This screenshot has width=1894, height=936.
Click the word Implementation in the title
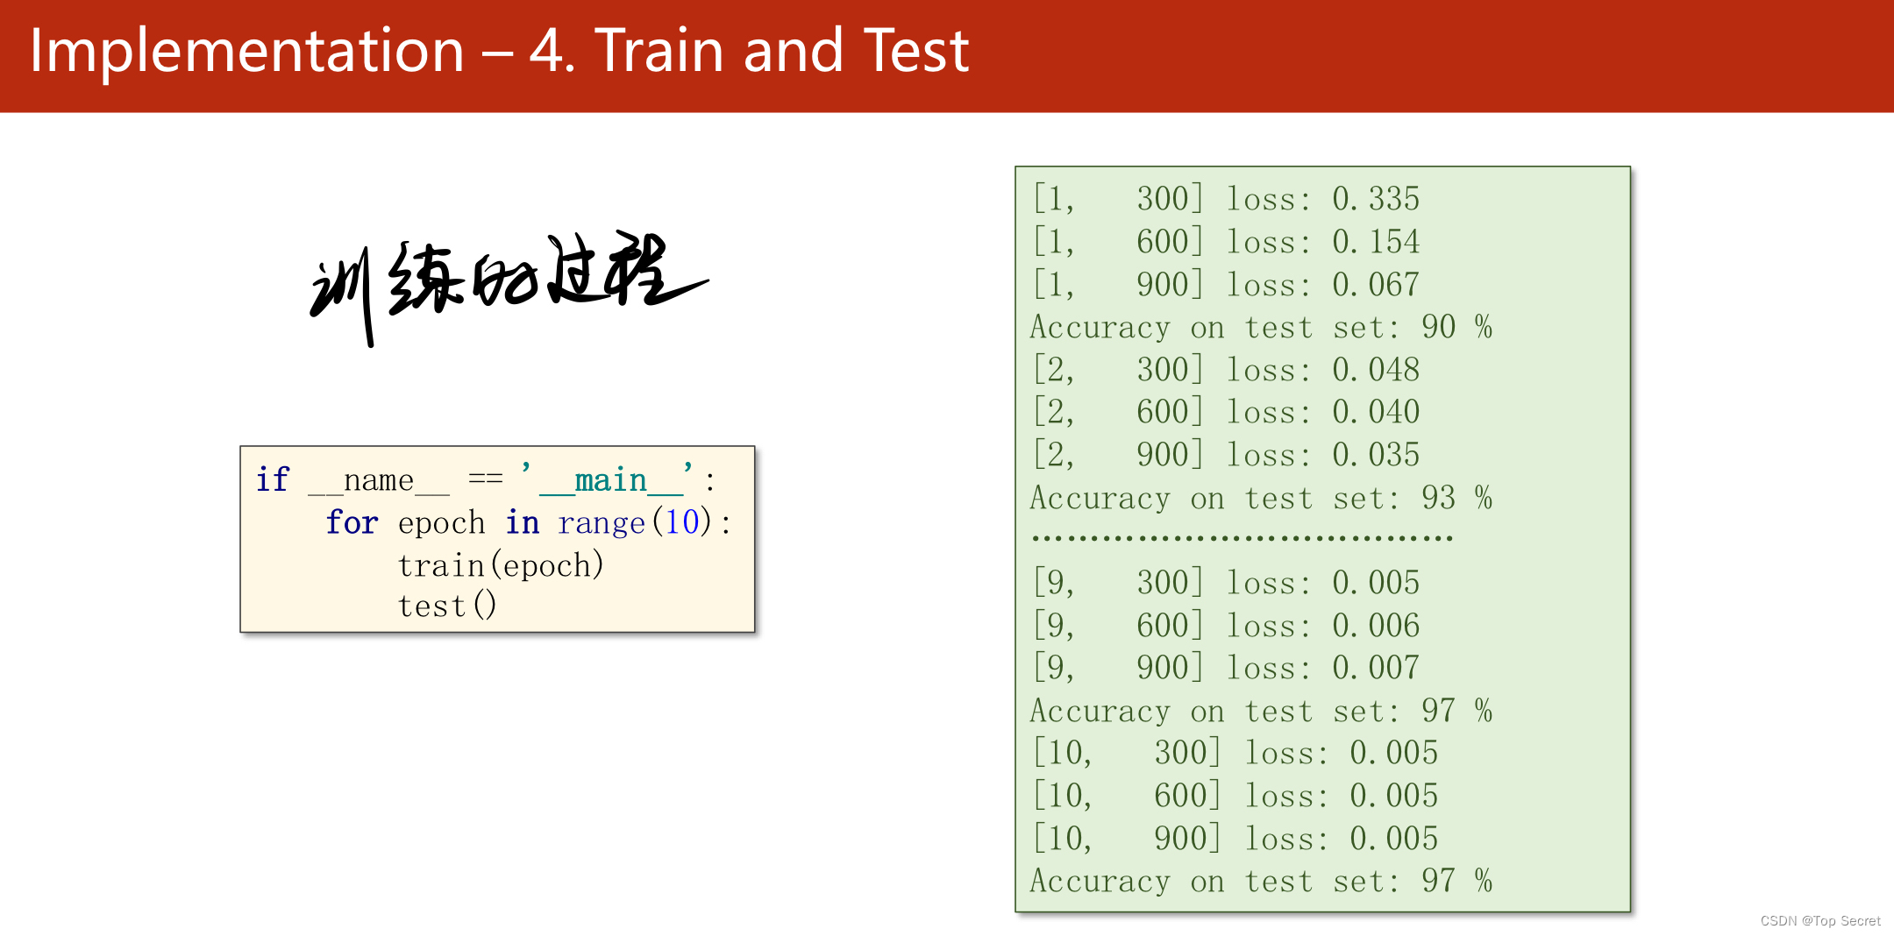tap(246, 51)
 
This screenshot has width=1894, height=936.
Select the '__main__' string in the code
tap(608, 479)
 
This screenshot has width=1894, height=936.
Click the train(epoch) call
tap(501, 564)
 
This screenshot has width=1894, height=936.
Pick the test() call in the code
tap(447, 605)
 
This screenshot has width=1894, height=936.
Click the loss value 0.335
tap(1376, 199)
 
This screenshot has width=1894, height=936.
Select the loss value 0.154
tap(1376, 241)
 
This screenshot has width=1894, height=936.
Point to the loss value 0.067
tap(1376, 284)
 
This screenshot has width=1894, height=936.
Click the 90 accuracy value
tap(1439, 327)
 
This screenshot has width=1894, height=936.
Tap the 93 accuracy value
tap(1439, 498)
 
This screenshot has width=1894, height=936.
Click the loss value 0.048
tap(1376, 369)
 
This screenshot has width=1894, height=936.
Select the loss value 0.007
tap(1376, 668)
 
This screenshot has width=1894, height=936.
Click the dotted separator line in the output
tap(1242, 537)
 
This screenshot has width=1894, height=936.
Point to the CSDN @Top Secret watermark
tap(1820, 920)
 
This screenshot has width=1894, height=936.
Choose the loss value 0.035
tap(1376, 455)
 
